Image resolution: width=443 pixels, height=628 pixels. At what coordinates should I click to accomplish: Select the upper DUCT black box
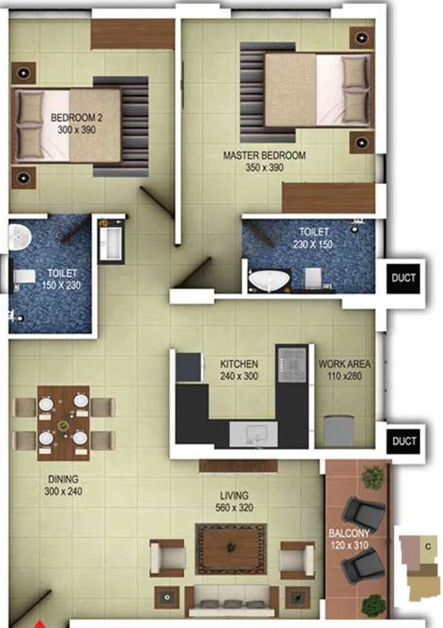404,278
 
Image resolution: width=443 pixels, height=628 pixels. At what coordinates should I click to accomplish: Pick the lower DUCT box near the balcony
404,442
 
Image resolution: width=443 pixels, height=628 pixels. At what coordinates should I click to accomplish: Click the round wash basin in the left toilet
18,236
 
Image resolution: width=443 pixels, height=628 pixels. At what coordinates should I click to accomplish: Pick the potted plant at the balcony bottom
372,604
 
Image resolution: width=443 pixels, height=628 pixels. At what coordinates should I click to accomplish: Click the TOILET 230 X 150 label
314,238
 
